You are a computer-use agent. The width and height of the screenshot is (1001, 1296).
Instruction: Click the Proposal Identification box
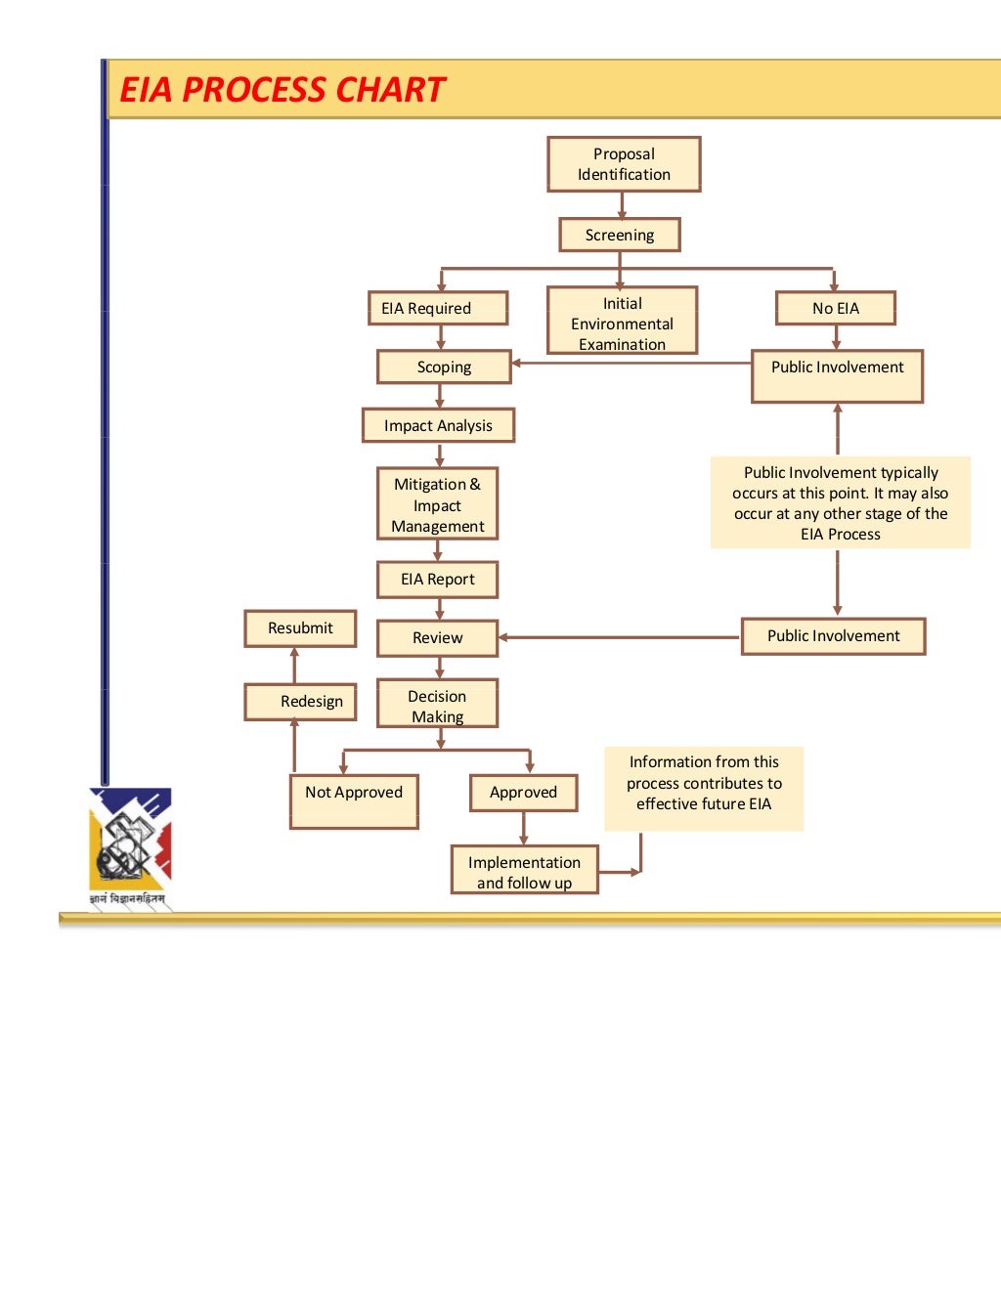tap(624, 164)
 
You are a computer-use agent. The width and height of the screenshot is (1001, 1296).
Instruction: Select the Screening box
tap(620, 235)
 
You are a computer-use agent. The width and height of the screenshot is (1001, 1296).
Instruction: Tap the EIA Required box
tap(438, 308)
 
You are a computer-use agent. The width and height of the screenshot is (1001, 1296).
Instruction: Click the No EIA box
tap(836, 308)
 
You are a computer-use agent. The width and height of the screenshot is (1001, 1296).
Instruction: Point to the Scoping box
tap(444, 367)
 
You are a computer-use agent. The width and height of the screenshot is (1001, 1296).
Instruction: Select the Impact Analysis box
tap(438, 425)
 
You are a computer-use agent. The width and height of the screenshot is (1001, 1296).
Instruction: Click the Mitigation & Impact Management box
tap(437, 504)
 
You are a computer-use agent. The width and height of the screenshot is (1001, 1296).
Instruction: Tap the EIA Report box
tap(437, 579)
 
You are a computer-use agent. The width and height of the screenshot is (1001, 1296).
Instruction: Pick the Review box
tap(437, 637)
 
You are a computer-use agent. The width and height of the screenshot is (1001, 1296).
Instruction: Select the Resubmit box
tap(300, 628)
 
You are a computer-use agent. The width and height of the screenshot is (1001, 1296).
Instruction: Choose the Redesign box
tap(300, 701)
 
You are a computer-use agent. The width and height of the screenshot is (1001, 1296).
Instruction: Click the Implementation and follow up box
tap(524, 870)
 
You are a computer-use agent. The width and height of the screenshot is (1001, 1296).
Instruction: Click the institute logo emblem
tap(130, 842)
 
